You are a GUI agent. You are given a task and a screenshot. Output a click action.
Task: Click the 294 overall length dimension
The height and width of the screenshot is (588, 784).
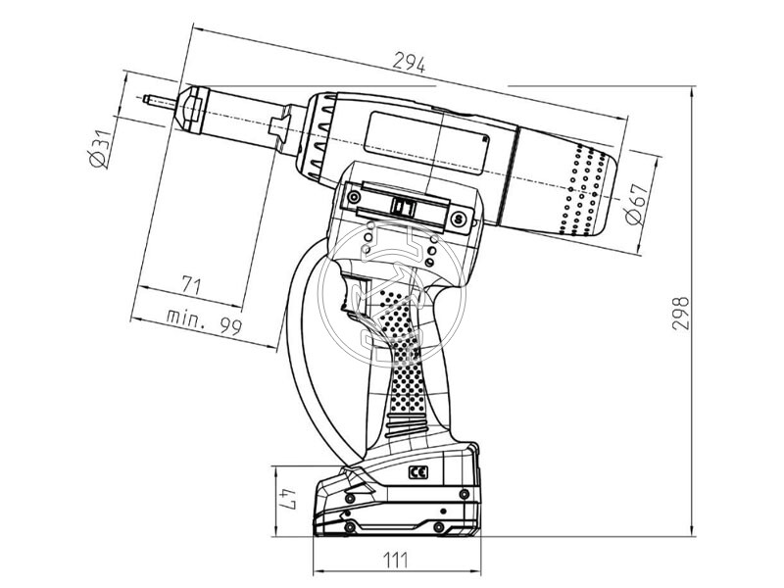409,63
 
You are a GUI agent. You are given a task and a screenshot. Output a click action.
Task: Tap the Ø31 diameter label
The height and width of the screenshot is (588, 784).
98,149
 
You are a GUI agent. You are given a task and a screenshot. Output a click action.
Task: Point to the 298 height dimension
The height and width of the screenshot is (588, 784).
680,314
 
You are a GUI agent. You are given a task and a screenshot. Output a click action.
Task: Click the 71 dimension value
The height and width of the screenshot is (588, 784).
191,285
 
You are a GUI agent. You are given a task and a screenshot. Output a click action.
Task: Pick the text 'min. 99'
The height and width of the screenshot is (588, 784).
204,321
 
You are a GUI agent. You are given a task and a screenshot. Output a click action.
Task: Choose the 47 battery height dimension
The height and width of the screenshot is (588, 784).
288,499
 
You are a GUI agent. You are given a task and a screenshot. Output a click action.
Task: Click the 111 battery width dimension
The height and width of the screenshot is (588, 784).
396,560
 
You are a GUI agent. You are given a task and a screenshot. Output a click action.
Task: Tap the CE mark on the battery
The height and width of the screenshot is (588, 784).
418,472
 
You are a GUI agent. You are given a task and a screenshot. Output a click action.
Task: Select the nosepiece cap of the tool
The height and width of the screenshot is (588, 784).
192,111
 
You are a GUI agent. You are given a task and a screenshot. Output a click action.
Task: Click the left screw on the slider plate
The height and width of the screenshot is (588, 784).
355,197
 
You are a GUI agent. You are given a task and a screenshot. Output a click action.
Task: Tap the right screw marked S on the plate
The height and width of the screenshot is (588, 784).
456,219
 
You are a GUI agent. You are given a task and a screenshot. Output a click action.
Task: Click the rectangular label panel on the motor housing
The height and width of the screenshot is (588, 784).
426,143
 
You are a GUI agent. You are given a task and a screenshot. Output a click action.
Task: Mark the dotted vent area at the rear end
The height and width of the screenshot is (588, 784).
582,190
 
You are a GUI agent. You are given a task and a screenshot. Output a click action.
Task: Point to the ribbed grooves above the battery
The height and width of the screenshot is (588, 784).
408,425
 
